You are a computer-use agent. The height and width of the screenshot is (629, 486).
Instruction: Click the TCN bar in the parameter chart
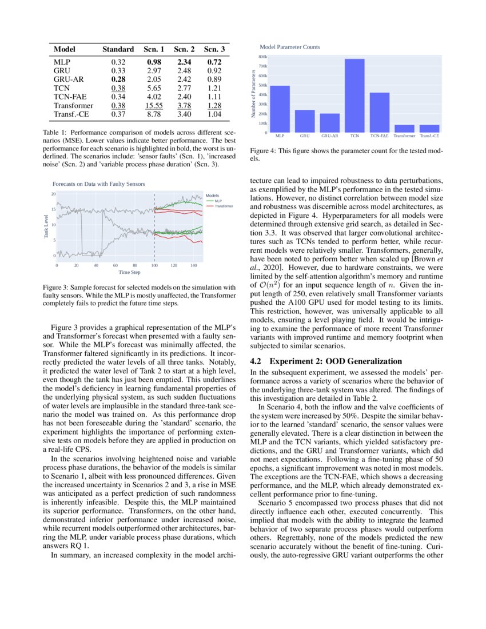point(354,95)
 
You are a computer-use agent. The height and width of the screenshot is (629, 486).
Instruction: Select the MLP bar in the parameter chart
point(280,109)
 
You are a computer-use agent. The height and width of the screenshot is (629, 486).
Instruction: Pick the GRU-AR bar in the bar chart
point(330,122)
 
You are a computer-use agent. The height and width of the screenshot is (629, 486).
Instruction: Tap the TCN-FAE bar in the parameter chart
point(380,112)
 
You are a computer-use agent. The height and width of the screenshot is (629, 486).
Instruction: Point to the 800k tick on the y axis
point(263,57)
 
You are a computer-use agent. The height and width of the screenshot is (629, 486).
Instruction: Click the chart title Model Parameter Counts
point(290,47)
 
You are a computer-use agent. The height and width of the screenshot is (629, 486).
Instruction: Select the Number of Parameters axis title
point(253,94)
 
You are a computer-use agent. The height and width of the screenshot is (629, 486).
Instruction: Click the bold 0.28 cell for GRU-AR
point(118,79)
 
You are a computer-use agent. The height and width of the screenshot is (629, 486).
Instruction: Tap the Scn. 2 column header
point(184,50)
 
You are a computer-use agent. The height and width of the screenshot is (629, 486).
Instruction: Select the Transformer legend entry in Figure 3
point(224,206)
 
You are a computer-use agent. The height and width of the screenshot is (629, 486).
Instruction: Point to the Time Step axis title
point(129,272)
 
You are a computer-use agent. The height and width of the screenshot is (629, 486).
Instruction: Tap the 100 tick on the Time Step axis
point(154,266)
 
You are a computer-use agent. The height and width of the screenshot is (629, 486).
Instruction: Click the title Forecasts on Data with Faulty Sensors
point(98,184)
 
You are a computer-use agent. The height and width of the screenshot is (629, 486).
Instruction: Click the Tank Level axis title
point(46,226)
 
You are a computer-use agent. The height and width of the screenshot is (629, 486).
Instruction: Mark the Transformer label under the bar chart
point(405,137)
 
